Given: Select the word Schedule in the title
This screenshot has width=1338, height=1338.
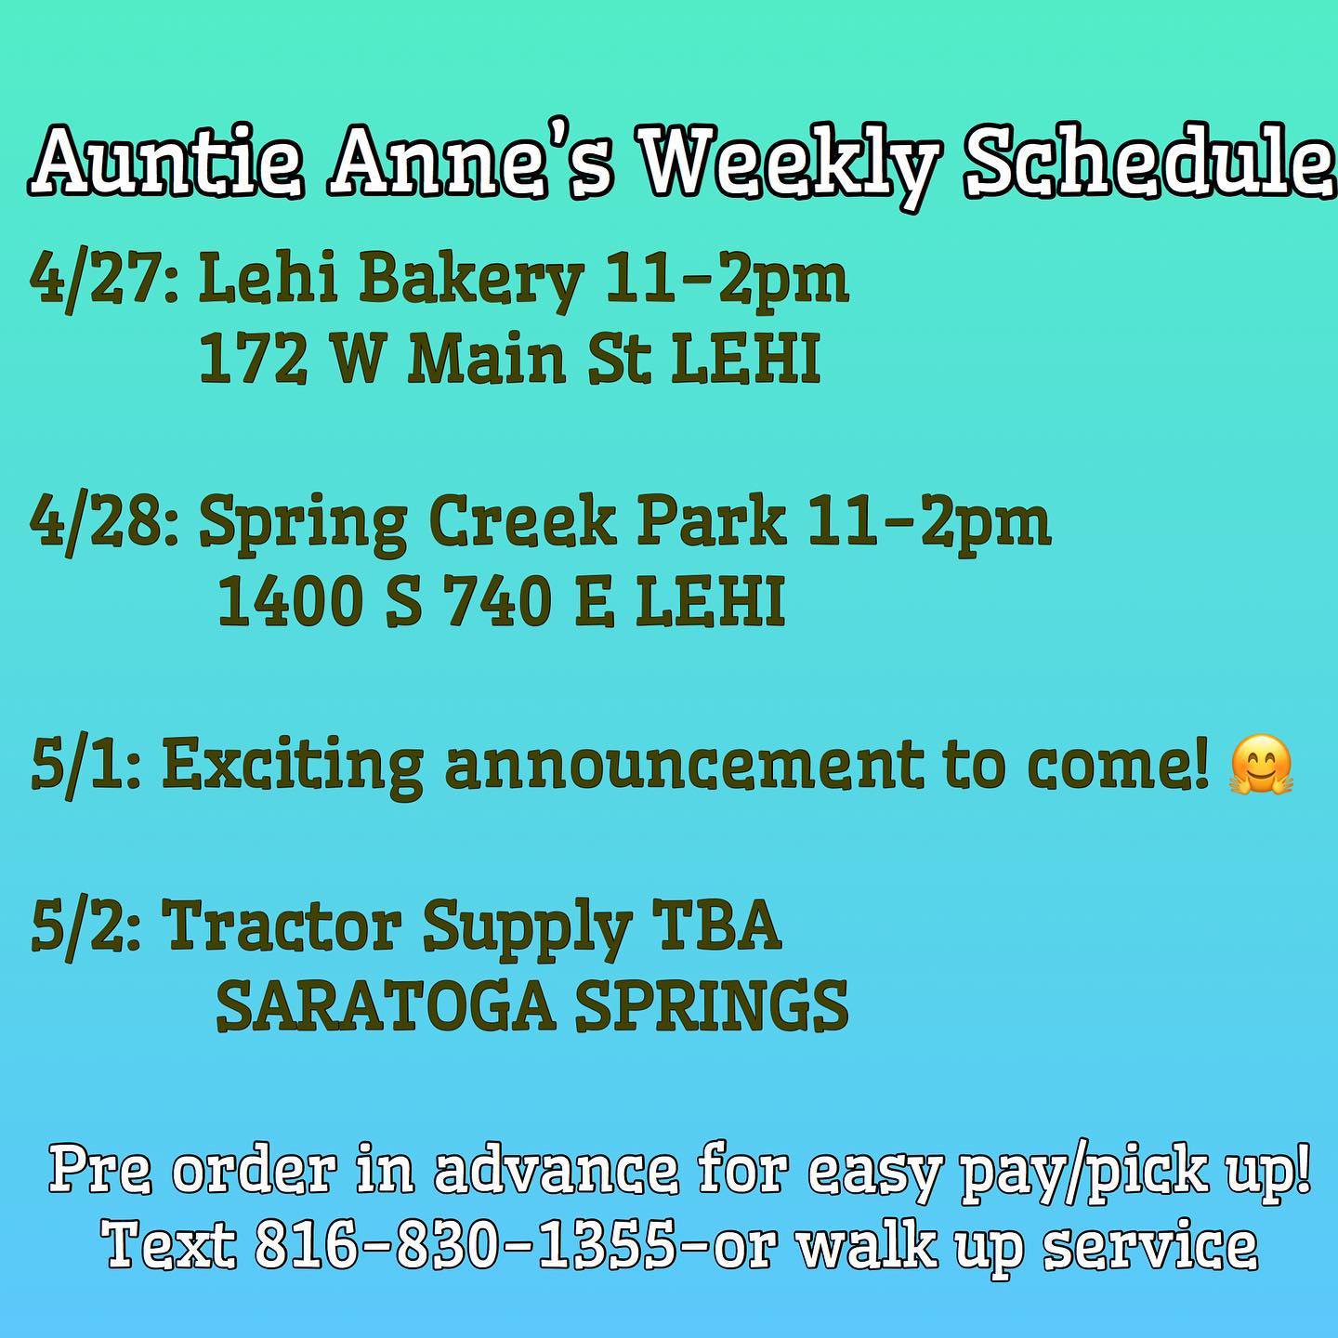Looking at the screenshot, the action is coord(1149,164).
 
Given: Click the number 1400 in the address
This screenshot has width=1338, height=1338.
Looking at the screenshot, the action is coord(291,601).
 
